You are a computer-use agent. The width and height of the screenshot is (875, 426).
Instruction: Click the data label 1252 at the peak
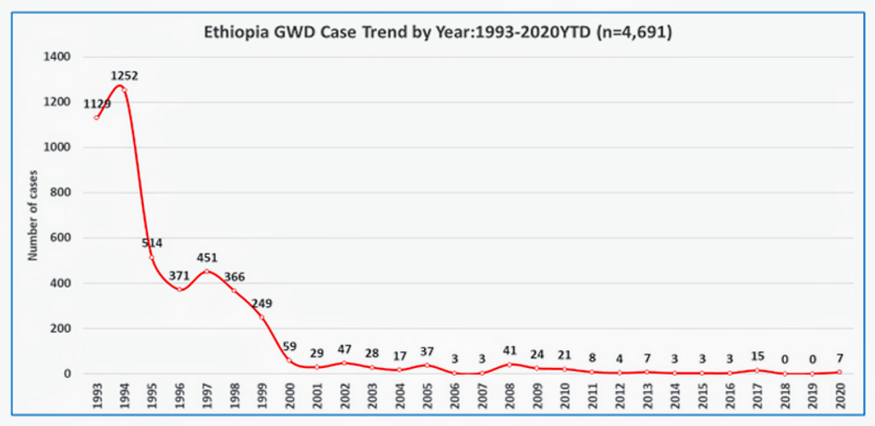(124, 76)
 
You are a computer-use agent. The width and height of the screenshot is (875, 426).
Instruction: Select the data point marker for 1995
(152, 257)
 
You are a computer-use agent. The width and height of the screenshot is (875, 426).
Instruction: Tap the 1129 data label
(97, 104)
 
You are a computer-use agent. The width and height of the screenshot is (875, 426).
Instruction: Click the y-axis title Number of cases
(32, 215)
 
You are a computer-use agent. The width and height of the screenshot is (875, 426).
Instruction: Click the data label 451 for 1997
(207, 257)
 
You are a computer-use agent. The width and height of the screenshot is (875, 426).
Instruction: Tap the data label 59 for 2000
(290, 347)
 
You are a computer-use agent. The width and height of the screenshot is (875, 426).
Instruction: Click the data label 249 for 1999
(262, 304)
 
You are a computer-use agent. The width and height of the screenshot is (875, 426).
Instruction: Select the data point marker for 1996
(179, 289)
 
